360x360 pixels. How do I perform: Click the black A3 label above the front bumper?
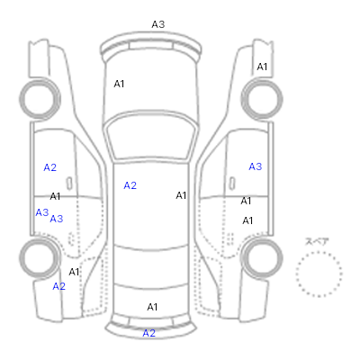158,24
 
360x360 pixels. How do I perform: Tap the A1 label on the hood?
119,84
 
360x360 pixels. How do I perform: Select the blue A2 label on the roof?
130,185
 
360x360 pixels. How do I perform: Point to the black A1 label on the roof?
181,195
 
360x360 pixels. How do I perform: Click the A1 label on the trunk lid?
152,307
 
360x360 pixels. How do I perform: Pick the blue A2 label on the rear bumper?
149,333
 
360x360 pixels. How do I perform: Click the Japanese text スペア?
317,241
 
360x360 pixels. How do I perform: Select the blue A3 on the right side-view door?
256,166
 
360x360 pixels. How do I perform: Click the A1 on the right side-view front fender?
262,67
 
